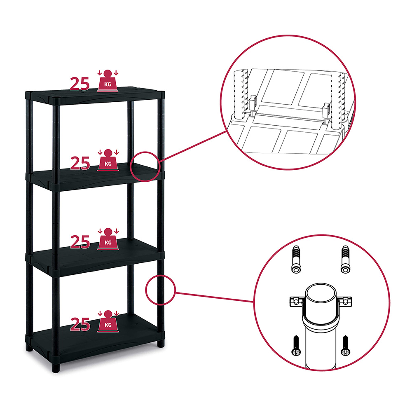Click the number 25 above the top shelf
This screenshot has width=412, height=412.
pos(80,84)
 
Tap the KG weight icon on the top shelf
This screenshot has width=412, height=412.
pos(108,81)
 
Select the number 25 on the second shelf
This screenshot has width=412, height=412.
pos(80,163)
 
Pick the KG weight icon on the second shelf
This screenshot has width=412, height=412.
pos(108,160)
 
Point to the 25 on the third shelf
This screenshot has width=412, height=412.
pos(80,242)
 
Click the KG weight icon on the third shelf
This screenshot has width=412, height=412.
pos(108,239)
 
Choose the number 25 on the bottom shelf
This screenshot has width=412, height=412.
pos(80,325)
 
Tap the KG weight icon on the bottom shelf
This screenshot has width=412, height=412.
pos(108,321)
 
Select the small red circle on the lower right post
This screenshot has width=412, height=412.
pos(146,290)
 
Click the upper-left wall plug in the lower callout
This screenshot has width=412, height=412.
pos(296,260)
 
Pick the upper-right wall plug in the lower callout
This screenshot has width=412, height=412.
pos(345,260)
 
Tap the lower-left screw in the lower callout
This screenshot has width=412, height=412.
pos(296,345)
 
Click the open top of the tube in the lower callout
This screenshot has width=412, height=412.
pos(321,293)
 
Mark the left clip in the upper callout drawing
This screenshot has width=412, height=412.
pos(253,105)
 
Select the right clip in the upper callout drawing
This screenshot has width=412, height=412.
pos(327,112)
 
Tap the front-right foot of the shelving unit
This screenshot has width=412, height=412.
pos(161,343)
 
